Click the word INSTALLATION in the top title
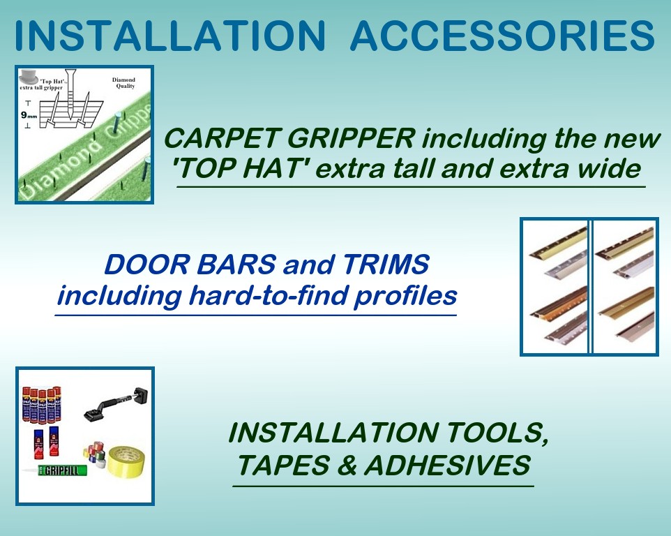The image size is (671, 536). click(168, 34)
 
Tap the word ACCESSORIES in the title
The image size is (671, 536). click(502, 34)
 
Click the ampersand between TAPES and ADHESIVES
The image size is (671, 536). click(345, 465)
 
